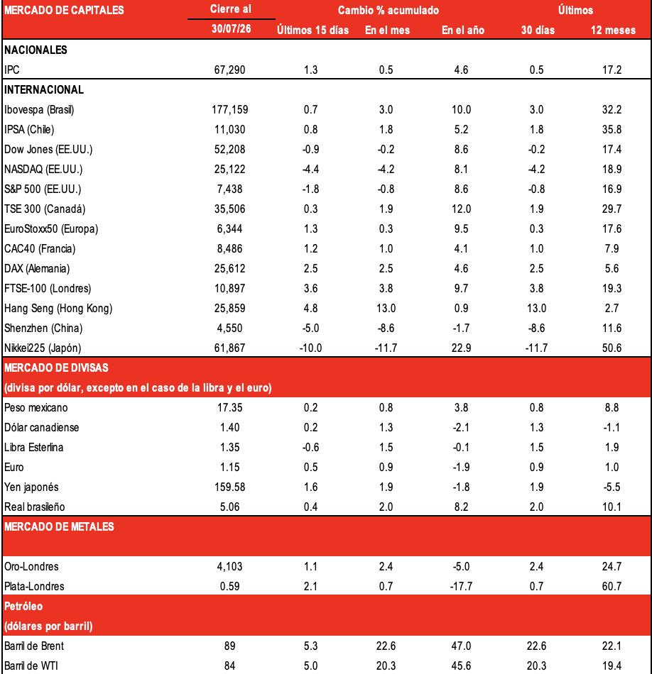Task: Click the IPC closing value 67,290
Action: (230, 70)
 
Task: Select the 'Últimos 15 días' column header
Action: (313, 30)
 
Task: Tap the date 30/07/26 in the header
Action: (231, 28)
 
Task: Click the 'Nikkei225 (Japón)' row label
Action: (43, 348)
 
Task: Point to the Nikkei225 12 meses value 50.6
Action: (612, 348)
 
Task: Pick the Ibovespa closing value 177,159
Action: (230, 109)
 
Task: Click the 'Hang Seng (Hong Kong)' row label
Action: (58, 308)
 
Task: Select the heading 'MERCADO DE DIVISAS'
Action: (56, 368)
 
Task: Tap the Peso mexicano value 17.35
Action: (230, 407)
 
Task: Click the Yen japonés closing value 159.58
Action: (230, 487)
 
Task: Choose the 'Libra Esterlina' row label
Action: (33, 448)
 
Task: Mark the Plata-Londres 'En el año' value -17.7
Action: (461, 586)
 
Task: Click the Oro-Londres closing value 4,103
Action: (230, 567)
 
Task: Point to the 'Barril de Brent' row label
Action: (34, 646)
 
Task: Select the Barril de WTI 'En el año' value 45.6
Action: (461, 665)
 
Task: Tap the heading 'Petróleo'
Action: (23, 607)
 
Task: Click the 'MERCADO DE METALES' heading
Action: (59, 527)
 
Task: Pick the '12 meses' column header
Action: (613, 30)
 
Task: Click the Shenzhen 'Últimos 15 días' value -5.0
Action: (310, 328)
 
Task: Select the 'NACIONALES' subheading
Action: (36, 50)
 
